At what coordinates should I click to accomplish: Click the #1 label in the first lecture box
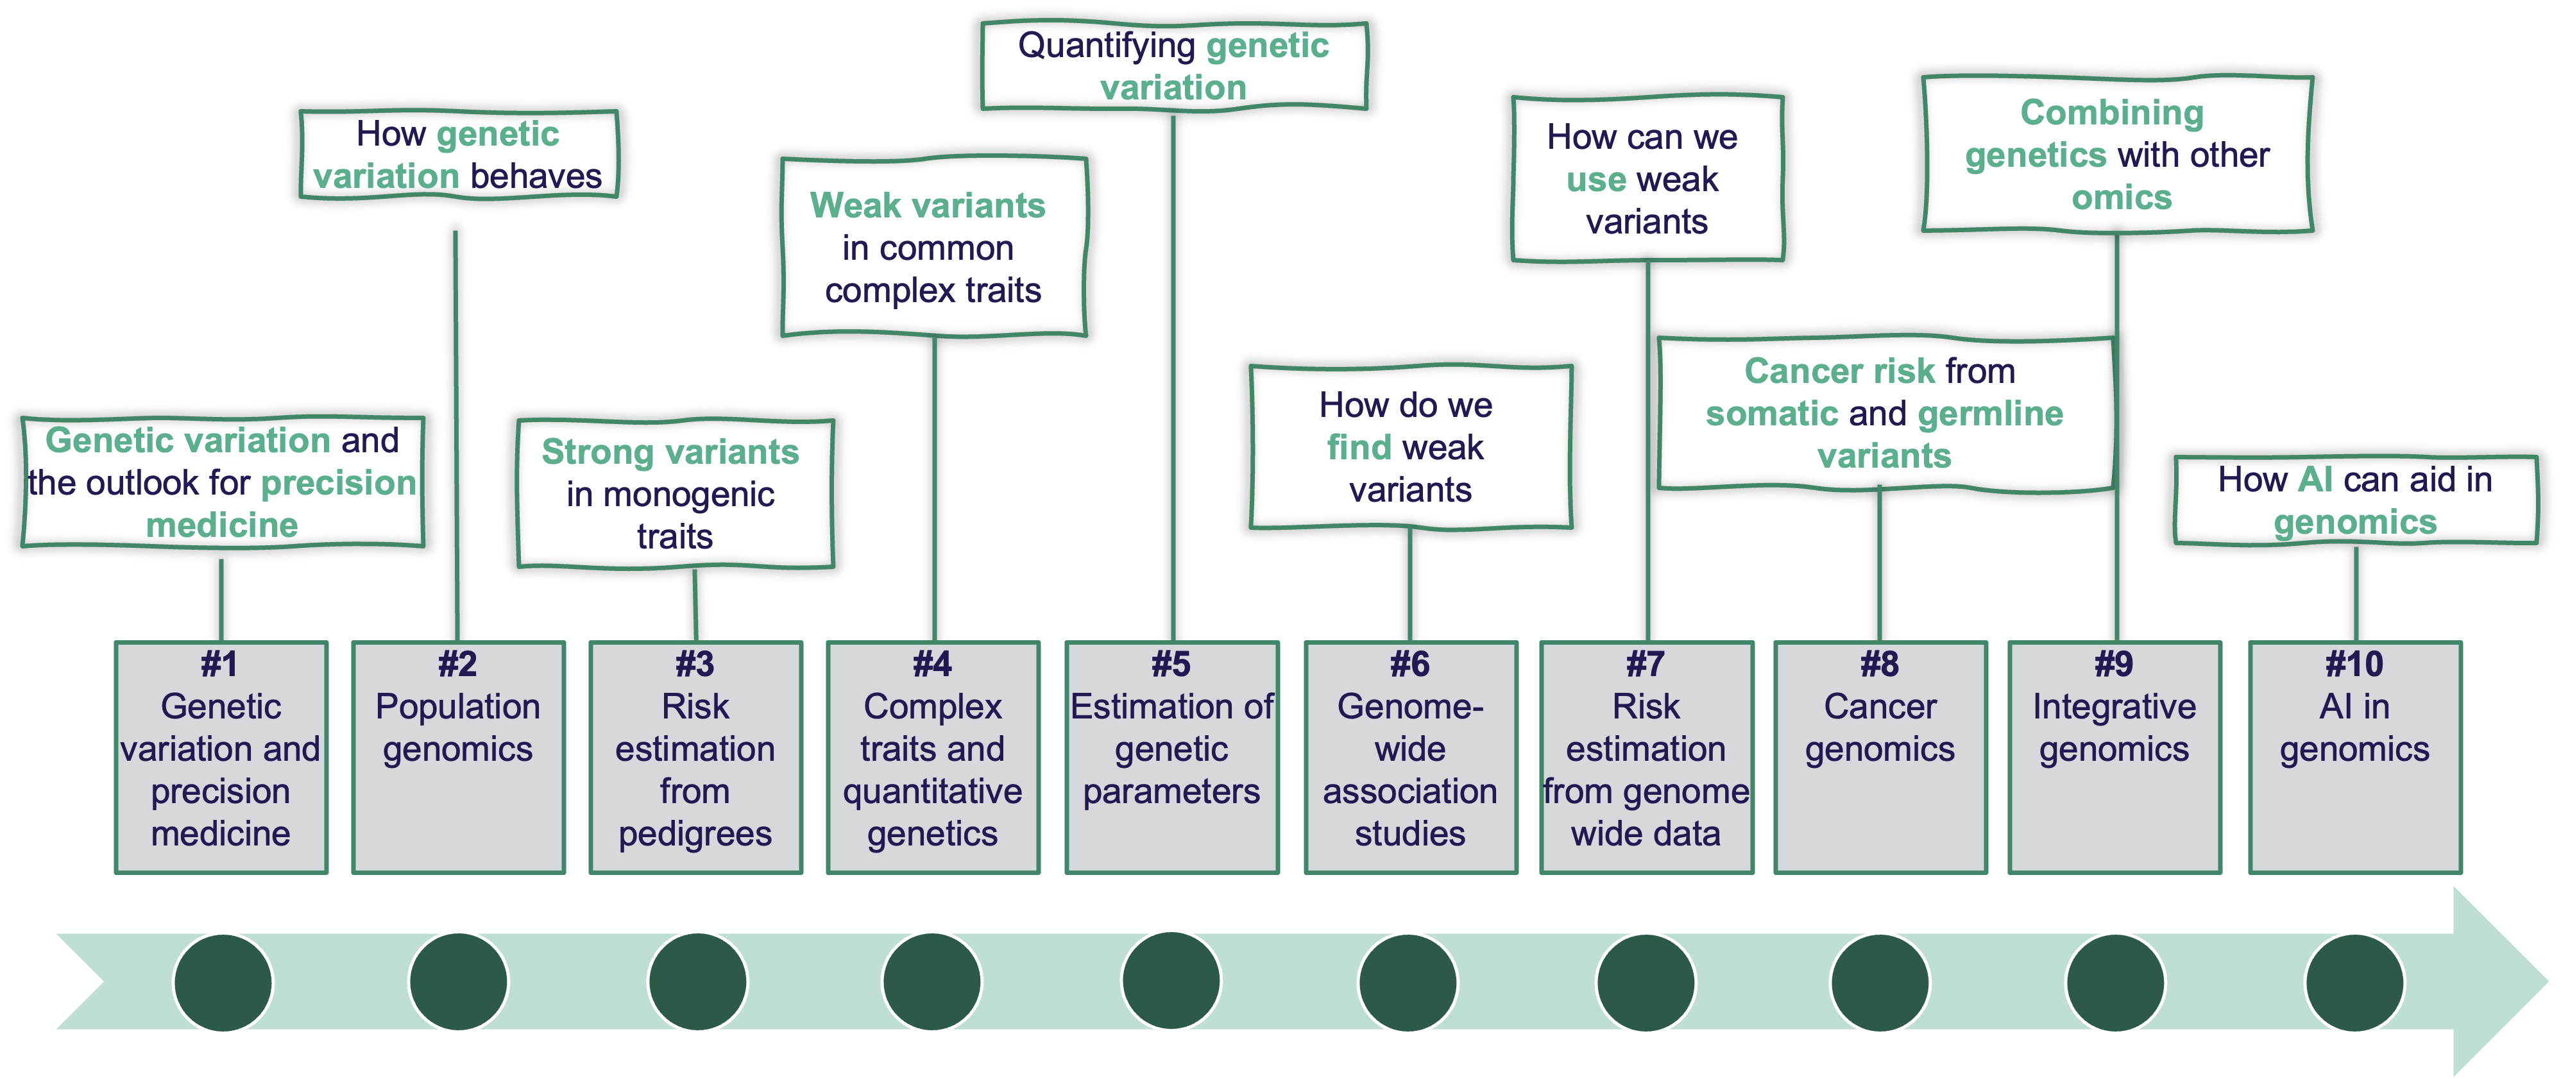pyautogui.click(x=219, y=665)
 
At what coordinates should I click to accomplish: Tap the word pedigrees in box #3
pyautogui.click(x=695, y=833)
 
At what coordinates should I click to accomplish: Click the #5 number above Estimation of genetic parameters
pyautogui.click(x=1171, y=665)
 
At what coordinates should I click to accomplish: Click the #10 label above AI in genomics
pyautogui.click(x=2354, y=665)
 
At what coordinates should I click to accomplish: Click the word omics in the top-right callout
pyautogui.click(x=2122, y=198)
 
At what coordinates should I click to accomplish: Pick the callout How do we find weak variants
pyautogui.click(x=1409, y=448)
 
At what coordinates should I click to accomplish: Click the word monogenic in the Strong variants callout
pyautogui.click(x=670, y=494)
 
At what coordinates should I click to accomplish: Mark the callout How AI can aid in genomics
pyautogui.click(x=2355, y=501)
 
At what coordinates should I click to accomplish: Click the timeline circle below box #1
pyautogui.click(x=223, y=983)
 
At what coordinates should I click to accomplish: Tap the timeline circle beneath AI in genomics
pyautogui.click(x=2354, y=983)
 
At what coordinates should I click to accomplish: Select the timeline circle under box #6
pyautogui.click(x=1408, y=983)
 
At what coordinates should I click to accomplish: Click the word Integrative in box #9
pyautogui.click(x=2114, y=707)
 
